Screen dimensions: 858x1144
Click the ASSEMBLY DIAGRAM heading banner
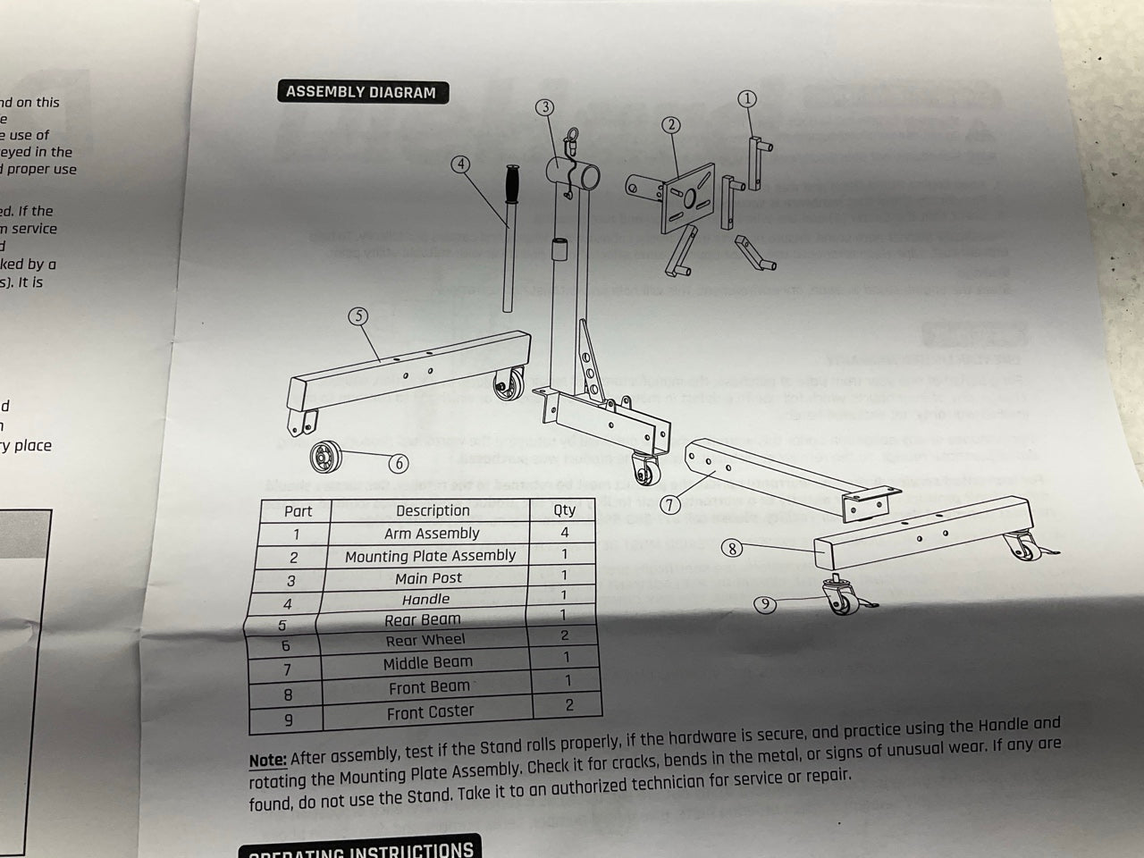coord(361,92)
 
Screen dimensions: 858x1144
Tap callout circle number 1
coord(747,99)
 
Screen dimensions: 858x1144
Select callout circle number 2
coord(671,126)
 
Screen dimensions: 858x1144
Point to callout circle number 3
coord(545,107)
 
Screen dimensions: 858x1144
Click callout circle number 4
coord(460,164)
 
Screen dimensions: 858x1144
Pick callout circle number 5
coord(357,315)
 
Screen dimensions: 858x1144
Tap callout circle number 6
coord(399,463)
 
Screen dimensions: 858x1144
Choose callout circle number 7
coord(670,503)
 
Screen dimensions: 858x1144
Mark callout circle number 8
coord(733,548)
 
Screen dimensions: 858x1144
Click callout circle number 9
coord(765,605)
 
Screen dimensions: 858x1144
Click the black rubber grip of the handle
coord(514,186)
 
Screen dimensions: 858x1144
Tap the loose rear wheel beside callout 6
coord(321,458)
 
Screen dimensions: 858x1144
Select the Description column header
coord(433,510)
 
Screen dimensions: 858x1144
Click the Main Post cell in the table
coord(429,578)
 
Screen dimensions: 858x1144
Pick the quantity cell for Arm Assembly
coord(564,533)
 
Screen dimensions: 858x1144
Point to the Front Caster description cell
coord(430,712)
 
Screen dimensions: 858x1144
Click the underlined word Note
coord(267,760)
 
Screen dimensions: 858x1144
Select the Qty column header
coord(564,509)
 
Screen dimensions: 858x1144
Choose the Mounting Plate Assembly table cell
coord(430,556)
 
